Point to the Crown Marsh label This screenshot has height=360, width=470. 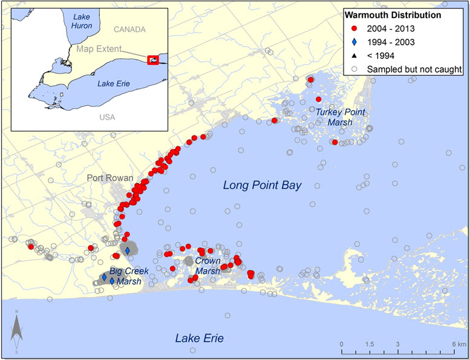tap(207, 266)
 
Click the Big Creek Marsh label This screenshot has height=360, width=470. tap(125, 277)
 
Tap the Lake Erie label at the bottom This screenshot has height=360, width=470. tap(199, 338)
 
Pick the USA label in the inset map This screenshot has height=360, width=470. tap(107, 117)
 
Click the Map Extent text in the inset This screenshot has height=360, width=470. tap(97, 48)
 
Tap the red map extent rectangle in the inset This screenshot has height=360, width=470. tap(152, 60)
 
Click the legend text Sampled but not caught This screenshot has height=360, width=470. tap(414, 69)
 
